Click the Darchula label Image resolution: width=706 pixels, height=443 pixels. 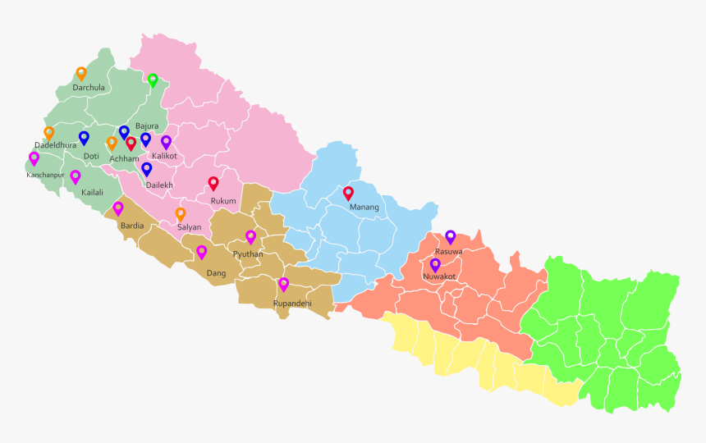[88, 88]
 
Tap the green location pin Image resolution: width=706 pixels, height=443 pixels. [153, 80]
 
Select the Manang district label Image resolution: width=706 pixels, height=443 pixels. [364, 208]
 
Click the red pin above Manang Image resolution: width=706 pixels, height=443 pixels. [348, 193]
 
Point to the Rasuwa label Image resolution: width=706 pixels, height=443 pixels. [449, 251]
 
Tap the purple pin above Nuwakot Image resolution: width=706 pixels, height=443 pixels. [435, 264]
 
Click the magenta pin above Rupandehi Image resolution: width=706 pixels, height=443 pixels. [283, 284]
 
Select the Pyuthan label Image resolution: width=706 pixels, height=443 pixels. [248, 254]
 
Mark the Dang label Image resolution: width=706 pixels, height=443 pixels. [216, 273]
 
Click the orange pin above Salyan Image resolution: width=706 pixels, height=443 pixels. [181, 213]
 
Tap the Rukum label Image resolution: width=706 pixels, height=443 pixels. [223, 201]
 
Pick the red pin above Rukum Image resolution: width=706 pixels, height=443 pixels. [213, 183]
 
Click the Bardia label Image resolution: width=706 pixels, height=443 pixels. [132, 225]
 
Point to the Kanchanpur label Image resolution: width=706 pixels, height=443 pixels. [45, 175]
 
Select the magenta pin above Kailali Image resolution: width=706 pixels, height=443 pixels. [76, 176]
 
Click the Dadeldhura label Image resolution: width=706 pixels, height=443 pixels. [56, 145]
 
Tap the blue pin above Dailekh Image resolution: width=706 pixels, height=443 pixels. [147, 169]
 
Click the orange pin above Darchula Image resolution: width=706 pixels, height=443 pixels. [81, 73]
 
